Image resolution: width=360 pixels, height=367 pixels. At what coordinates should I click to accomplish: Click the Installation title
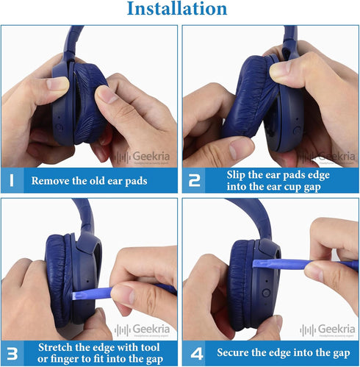point(177,9)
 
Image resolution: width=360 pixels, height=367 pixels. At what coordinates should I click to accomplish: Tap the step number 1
point(12,180)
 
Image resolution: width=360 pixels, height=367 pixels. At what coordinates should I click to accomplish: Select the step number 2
point(194,181)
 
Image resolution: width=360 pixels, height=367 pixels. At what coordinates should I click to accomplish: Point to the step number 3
point(12,354)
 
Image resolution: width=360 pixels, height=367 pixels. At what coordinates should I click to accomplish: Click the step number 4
point(197,354)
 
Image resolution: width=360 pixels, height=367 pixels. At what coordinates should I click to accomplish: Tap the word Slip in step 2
point(236,175)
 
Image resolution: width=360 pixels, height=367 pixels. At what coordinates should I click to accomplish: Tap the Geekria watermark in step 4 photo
point(328,329)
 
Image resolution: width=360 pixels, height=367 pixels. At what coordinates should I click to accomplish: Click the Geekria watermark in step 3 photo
point(142,329)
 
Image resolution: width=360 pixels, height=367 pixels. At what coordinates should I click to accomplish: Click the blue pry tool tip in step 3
point(73,296)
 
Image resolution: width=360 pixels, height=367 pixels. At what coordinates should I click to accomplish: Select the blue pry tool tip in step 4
point(255,264)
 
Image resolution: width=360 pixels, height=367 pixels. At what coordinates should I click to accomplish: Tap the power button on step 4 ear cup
point(266,293)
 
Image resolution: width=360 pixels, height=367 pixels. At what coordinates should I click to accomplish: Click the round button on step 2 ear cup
point(297,129)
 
